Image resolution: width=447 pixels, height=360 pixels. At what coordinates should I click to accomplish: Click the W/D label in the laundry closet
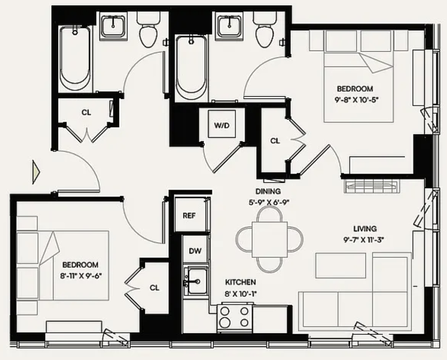pyautogui.click(x=222, y=125)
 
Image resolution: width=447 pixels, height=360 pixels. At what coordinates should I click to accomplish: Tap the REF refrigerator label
pyautogui.click(x=189, y=215)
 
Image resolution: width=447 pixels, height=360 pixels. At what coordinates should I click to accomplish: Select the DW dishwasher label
pyautogui.click(x=195, y=251)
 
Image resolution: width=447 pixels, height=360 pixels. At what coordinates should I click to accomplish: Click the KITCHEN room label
pyautogui.click(x=241, y=282)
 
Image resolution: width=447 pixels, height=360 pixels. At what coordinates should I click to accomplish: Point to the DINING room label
pyautogui.click(x=268, y=191)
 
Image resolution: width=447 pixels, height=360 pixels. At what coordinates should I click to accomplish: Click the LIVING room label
pyautogui.click(x=365, y=228)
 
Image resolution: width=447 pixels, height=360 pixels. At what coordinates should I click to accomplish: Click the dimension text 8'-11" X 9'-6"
pyautogui.click(x=81, y=276)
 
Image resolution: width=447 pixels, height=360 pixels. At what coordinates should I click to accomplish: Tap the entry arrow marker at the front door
pyautogui.click(x=36, y=172)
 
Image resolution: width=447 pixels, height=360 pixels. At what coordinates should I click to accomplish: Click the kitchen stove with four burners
pyautogui.click(x=235, y=318)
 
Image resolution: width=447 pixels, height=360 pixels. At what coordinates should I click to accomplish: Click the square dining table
pyautogui.click(x=270, y=239)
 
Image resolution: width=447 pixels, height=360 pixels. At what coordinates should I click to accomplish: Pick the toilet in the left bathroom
pyautogui.click(x=148, y=29)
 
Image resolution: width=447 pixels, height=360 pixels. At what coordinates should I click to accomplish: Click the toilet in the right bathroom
pyautogui.click(x=265, y=29)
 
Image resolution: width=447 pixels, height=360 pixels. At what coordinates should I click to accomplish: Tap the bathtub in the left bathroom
pyautogui.click(x=75, y=59)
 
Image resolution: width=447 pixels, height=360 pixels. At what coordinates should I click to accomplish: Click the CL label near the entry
pyautogui.click(x=86, y=112)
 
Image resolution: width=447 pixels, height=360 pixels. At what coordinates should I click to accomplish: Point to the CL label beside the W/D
pyautogui.click(x=275, y=141)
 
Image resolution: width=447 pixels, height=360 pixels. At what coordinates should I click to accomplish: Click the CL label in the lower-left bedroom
pyautogui.click(x=155, y=288)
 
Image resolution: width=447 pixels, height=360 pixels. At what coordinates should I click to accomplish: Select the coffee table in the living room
pyautogui.click(x=340, y=266)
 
